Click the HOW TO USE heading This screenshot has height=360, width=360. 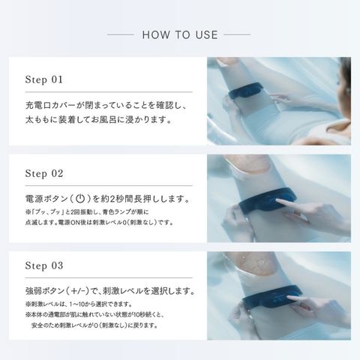click(x=180, y=34)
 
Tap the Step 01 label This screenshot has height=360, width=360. click(x=44, y=79)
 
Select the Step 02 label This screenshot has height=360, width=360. click(x=44, y=173)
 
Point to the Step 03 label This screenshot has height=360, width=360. click(x=44, y=265)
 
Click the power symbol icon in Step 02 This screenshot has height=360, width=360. click(x=80, y=199)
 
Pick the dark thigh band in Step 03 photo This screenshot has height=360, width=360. click(x=271, y=298)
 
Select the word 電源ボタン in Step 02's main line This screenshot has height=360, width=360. click(x=46, y=199)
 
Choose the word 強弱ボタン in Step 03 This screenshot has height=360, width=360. click(x=45, y=291)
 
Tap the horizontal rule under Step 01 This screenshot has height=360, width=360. click(x=109, y=92)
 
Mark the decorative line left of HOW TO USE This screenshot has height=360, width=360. click(x=121, y=34)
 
